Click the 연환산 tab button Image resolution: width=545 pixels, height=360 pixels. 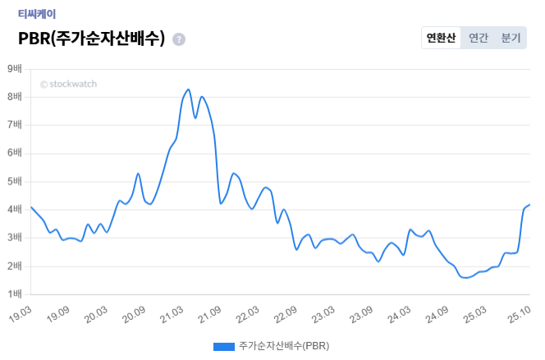tap(441, 38)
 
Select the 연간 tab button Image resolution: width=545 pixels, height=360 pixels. tap(478, 38)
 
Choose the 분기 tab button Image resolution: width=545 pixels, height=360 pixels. tap(511, 38)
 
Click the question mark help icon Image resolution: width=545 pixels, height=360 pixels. tap(179, 39)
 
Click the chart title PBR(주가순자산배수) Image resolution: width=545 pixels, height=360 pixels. tap(91, 39)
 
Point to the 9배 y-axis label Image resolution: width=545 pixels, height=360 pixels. tap(16, 69)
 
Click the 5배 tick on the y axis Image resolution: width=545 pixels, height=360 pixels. tap(16, 181)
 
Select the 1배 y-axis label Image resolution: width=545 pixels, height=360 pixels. tap(16, 294)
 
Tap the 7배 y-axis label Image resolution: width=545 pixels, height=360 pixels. tap(16, 125)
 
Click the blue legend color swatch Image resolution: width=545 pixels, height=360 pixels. tap(224, 347)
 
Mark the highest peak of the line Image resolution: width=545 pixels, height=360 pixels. tap(188, 89)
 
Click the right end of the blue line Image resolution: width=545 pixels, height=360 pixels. tap(529, 204)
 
